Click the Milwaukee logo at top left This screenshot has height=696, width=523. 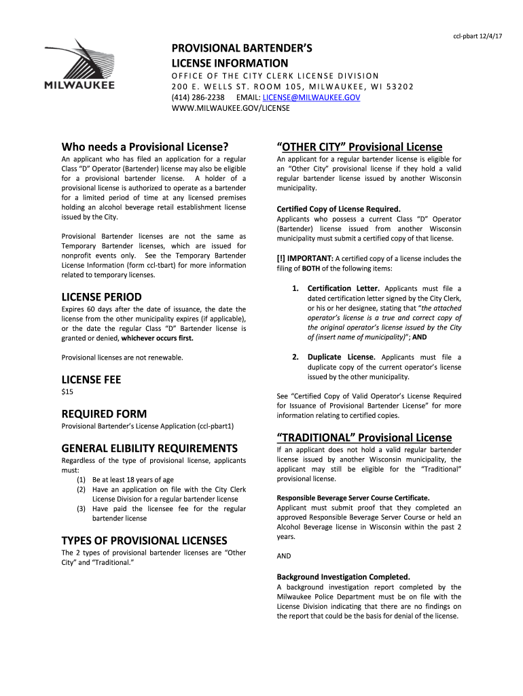[79, 65]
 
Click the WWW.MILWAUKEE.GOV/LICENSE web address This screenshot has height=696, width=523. [230, 108]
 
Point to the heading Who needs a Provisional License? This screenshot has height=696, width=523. [145, 147]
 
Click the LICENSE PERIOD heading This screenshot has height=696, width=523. [102, 297]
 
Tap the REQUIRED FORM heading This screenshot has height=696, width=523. [104, 414]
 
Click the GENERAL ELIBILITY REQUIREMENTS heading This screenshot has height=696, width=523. [149, 449]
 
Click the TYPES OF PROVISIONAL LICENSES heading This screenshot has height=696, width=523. [144, 540]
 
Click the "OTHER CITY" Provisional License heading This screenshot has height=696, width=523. [360, 147]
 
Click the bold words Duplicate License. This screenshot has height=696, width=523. [342, 357]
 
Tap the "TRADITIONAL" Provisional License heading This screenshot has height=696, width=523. [364, 436]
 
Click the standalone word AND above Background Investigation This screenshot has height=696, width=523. [284, 556]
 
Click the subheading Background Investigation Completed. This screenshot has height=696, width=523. [343, 577]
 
